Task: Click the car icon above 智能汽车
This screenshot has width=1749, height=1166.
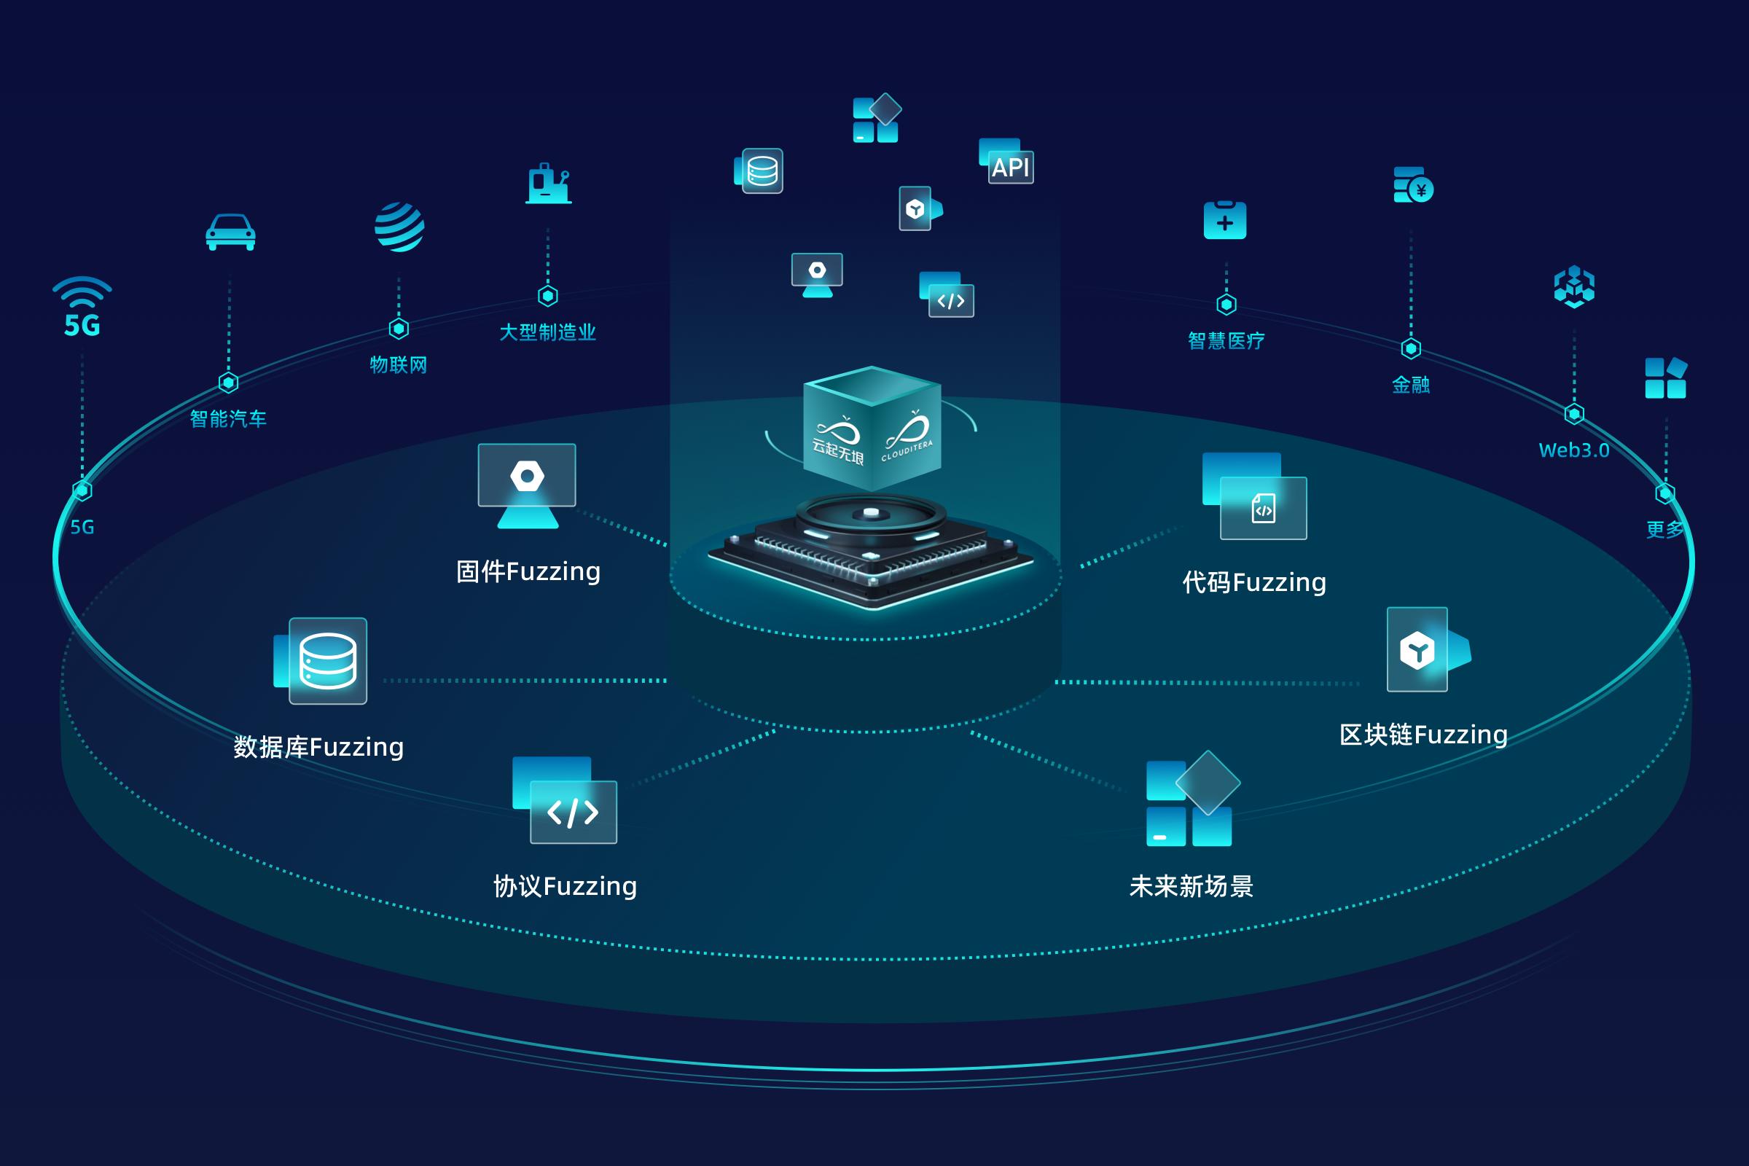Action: tap(230, 232)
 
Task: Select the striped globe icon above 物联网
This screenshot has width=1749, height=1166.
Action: tap(399, 227)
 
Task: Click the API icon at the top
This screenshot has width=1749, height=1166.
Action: tap(1007, 161)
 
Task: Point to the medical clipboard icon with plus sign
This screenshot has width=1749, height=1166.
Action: tap(1225, 220)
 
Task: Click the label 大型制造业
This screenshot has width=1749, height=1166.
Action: tap(547, 332)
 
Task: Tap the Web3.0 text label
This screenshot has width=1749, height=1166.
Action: tap(1573, 450)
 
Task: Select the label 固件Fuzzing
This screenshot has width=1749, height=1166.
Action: tap(528, 572)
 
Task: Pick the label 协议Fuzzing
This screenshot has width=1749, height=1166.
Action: tap(566, 886)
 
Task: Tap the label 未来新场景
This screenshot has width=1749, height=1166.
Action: tap(1192, 886)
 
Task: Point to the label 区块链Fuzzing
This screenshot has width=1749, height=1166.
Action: tap(1423, 735)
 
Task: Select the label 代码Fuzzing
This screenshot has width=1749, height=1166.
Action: tap(1254, 582)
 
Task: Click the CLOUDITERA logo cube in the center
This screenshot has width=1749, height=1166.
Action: tap(872, 430)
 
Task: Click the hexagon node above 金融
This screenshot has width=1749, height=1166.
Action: tap(1411, 348)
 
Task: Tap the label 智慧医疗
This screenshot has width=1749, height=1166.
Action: tap(1226, 341)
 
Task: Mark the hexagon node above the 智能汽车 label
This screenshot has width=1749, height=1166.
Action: tap(228, 382)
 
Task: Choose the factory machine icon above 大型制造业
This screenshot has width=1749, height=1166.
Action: tap(549, 184)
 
